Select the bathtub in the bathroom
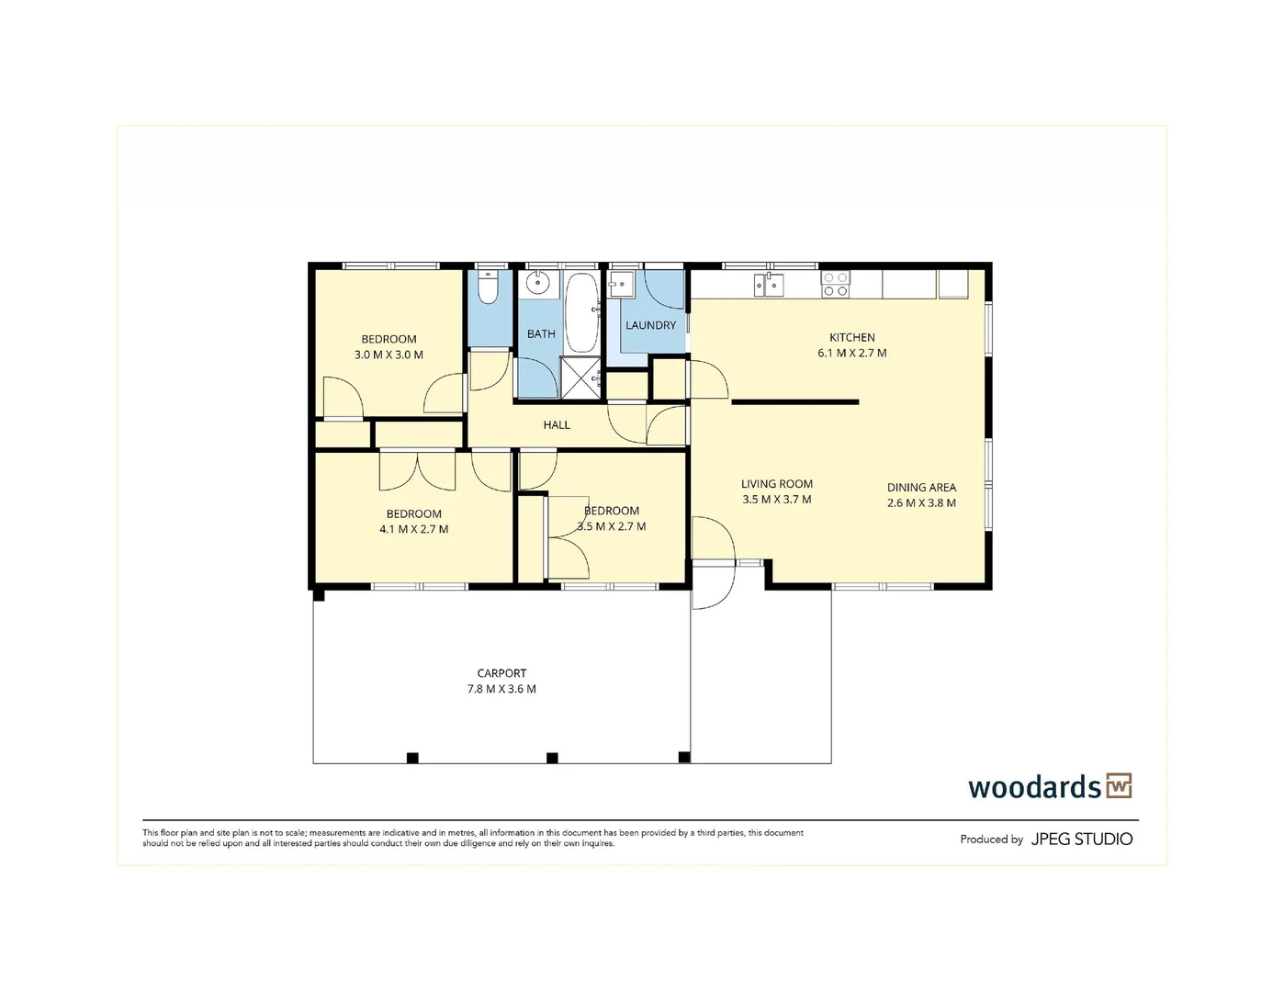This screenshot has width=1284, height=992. coord(581,312)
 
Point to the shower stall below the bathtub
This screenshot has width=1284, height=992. coord(580,378)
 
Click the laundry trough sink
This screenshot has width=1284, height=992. coord(621,284)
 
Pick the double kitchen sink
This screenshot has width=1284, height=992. coord(769,285)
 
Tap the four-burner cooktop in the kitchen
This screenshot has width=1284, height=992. coord(836,284)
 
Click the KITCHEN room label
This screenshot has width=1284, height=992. coord(852,337)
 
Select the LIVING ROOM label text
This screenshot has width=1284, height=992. coord(776,484)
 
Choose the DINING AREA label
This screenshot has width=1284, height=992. coord(921,488)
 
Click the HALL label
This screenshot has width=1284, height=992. coord(557,424)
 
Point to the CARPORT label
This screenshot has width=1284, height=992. coord(501,673)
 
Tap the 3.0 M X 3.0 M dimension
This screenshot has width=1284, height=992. coord(389,355)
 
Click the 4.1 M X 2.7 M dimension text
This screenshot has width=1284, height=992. coord(413,529)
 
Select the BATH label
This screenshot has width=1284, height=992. coord(541,333)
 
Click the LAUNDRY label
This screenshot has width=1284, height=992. coord(650,325)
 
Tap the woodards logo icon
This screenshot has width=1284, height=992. coord(1119,786)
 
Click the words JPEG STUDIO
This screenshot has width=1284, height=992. coord(1081,839)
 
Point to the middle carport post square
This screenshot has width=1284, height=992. coord(552,758)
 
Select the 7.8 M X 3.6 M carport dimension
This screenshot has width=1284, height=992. coord(501,688)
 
